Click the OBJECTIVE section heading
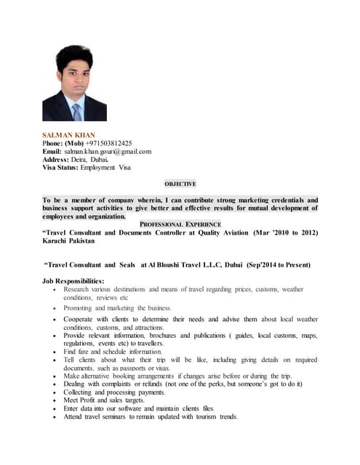click(180, 184)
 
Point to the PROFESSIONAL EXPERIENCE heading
click(180, 225)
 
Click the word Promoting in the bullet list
click(81, 308)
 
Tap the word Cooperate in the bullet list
click(81, 319)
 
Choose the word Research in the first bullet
click(79, 289)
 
